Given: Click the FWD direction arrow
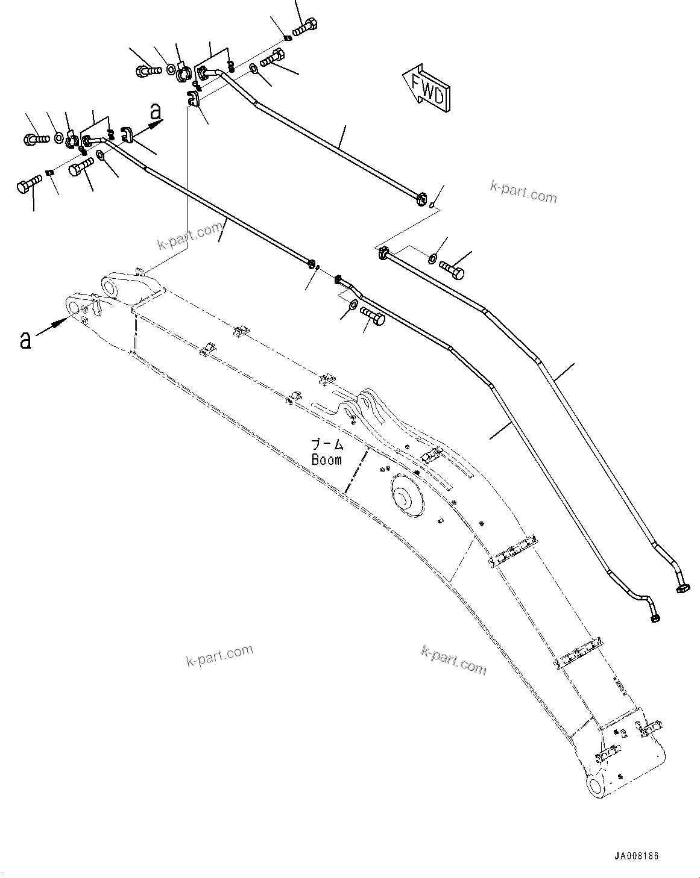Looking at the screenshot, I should (427, 90).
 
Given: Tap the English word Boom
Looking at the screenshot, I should (326, 459).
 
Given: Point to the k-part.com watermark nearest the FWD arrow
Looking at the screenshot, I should (523, 193).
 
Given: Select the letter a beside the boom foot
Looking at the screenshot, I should (25, 340).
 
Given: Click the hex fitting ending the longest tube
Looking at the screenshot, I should (684, 585).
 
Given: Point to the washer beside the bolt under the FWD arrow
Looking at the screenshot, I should (434, 259).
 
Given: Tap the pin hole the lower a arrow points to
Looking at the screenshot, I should (74, 308).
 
